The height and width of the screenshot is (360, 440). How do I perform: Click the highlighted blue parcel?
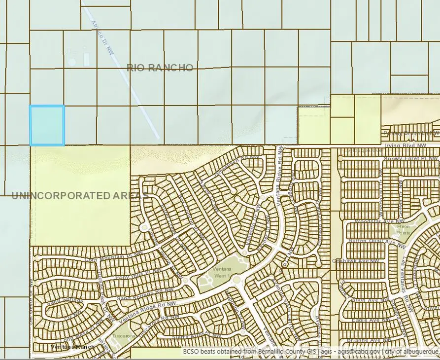pos(47,125)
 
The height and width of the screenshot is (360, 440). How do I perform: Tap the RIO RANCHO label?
pos(160,68)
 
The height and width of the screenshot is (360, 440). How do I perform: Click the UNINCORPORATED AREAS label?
pos(79,196)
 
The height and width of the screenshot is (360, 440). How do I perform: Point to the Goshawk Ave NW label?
pos(356,260)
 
